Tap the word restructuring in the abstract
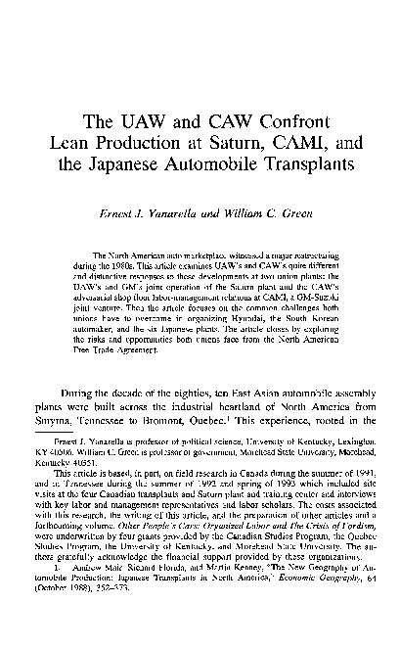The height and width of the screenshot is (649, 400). coord(313,255)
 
